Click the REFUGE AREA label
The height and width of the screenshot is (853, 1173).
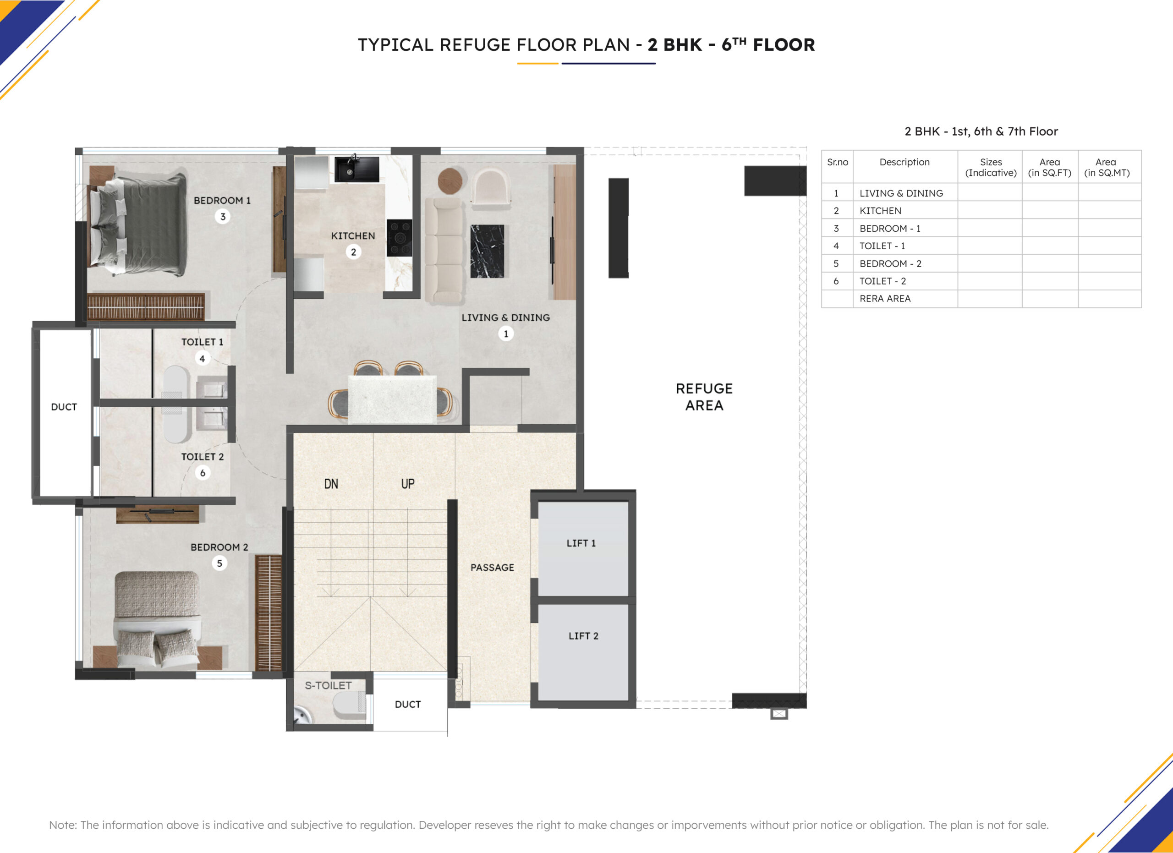pyautogui.click(x=704, y=397)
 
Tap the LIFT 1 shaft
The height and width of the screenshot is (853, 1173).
pyautogui.click(x=583, y=548)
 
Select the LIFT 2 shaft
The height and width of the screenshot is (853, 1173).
pyautogui.click(x=583, y=652)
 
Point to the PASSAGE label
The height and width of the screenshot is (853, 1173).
pyautogui.click(x=492, y=567)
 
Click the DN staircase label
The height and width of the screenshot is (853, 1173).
pyautogui.click(x=331, y=484)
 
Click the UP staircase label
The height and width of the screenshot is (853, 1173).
pyautogui.click(x=407, y=484)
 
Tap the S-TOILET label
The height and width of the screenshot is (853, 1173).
pyautogui.click(x=328, y=685)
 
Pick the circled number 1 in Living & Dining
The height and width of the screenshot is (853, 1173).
pyautogui.click(x=506, y=334)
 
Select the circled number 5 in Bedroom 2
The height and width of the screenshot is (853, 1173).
pyautogui.click(x=219, y=563)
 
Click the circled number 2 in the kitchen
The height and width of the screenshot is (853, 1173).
pyautogui.click(x=353, y=252)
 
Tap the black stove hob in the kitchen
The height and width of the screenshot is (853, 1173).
pyautogui.click(x=399, y=238)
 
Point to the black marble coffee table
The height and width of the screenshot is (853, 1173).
pyautogui.click(x=487, y=251)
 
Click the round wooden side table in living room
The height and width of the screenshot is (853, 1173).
pyautogui.click(x=450, y=181)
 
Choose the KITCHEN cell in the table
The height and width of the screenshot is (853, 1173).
pyautogui.click(x=880, y=210)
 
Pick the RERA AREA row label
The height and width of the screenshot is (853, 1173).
pyautogui.click(x=885, y=298)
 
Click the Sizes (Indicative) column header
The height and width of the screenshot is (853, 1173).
pyautogui.click(x=991, y=167)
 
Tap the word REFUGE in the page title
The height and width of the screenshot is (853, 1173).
pyautogui.click(x=475, y=45)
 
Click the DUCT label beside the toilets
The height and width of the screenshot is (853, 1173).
pyautogui.click(x=64, y=407)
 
